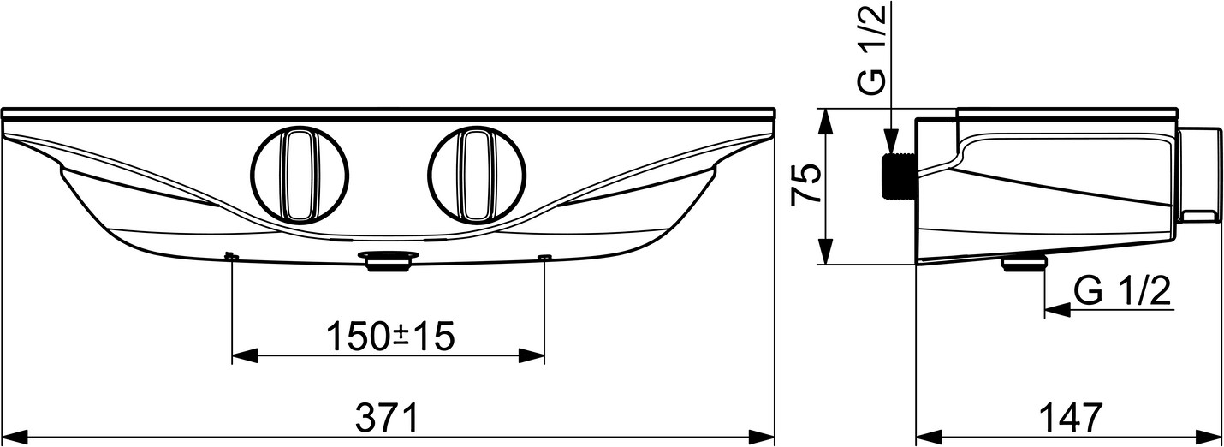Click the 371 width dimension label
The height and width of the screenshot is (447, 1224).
click(x=388, y=418)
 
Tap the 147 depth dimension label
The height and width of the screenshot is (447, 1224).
click(x=1069, y=418)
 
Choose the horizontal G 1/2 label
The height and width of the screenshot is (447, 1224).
click(x=1122, y=291)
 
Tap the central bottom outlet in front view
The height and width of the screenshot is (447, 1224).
click(x=389, y=262)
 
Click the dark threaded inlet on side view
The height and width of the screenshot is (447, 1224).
click(x=899, y=175)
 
